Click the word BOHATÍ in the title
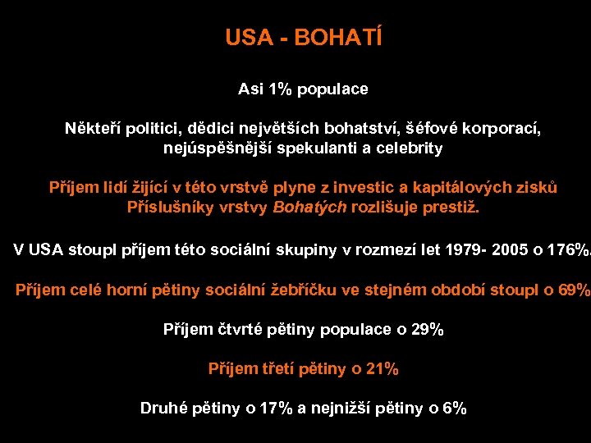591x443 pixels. click(x=344, y=38)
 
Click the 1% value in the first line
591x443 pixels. click(x=278, y=89)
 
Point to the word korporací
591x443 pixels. click(x=504, y=129)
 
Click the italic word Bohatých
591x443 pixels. click(x=309, y=208)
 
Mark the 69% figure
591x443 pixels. click(x=572, y=290)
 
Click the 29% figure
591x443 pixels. click(x=426, y=330)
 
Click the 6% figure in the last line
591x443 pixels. click(x=453, y=409)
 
